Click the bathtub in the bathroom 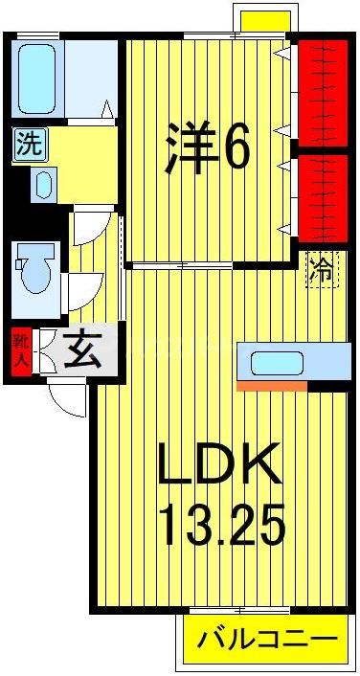click(x=36, y=78)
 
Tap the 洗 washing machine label click(x=29, y=145)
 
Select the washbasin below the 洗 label click(x=43, y=185)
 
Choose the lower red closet click(x=322, y=196)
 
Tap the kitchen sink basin click(x=277, y=363)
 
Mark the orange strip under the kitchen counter click(x=272, y=386)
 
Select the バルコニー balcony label click(x=267, y=640)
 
